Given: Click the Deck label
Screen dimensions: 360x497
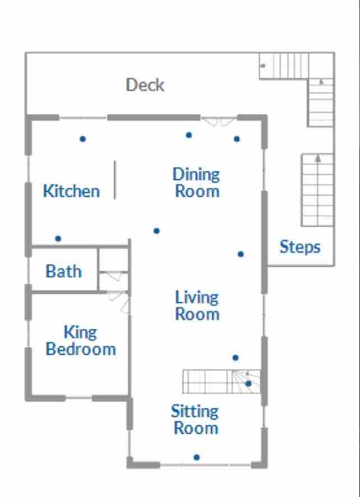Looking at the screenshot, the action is [x=145, y=85].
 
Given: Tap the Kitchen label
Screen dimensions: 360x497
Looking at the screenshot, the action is [x=71, y=191].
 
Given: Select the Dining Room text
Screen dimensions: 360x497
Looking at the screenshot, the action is [x=197, y=183].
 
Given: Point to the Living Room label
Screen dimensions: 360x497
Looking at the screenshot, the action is [x=197, y=305].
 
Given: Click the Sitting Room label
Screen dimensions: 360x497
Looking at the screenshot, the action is [x=195, y=419].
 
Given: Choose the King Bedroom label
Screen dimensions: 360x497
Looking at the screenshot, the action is [x=81, y=341].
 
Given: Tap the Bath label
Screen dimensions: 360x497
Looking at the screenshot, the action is [x=64, y=271].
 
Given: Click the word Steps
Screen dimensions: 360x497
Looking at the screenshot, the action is [x=300, y=247].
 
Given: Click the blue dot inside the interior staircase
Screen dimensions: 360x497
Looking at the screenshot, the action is [x=248, y=383].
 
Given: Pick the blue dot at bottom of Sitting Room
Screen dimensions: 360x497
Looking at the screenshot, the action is [x=197, y=457].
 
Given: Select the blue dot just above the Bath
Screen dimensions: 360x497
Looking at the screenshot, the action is [x=58, y=238].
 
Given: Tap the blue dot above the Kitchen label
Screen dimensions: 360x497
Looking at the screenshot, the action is [x=83, y=138].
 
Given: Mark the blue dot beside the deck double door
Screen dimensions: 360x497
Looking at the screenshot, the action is [x=237, y=138].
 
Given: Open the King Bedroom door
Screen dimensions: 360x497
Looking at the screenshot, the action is [x=119, y=302].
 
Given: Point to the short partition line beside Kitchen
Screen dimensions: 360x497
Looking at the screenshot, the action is [x=115, y=180].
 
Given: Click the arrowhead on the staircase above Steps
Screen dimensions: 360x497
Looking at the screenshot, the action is [x=318, y=158].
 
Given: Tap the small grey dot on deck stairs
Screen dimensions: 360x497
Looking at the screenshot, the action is [x=263, y=66].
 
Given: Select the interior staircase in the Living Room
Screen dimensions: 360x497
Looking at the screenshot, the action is [x=221, y=382].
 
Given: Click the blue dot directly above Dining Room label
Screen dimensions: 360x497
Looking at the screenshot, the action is [x=189, y=135].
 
